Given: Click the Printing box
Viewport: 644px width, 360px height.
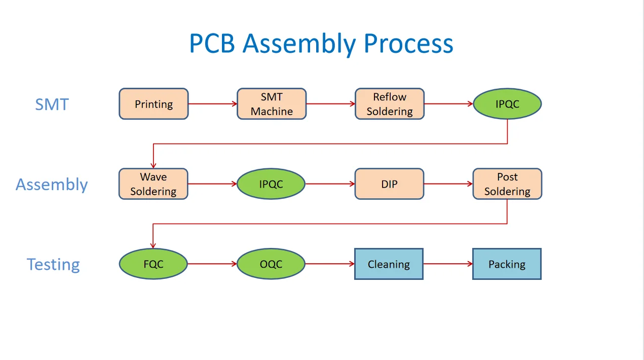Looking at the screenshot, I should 154,104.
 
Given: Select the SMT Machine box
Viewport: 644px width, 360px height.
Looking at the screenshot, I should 272,104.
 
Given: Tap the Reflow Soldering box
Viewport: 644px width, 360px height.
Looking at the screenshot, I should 389,104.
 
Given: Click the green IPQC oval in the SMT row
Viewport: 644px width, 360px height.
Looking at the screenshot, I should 507,104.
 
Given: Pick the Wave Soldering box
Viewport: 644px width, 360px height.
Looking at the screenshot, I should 154,184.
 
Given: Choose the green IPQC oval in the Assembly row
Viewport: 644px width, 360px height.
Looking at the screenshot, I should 271,184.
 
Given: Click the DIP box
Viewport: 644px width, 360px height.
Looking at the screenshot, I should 389,184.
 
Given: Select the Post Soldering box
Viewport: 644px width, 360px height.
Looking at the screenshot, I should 507,184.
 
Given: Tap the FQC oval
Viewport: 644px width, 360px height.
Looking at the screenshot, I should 154,264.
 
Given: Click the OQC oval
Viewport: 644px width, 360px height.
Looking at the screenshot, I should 271,264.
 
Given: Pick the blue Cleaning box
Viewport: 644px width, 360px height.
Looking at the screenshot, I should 389,264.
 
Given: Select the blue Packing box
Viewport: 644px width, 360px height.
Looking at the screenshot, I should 507,264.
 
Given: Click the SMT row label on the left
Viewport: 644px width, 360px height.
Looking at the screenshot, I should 52,104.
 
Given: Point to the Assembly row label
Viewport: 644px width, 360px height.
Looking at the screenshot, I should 52,185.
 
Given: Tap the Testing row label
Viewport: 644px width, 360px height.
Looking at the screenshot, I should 53,265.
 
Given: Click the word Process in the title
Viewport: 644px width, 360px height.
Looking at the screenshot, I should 408,44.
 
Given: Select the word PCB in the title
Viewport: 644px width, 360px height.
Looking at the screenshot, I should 212,44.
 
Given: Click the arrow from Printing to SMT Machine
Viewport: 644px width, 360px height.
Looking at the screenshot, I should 212,104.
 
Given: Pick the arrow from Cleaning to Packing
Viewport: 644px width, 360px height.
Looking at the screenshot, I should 447,264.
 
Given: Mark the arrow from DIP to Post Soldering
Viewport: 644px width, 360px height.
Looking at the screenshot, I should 448,184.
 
